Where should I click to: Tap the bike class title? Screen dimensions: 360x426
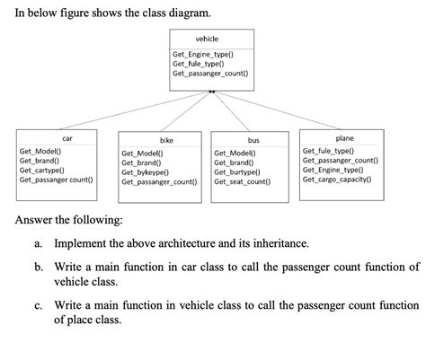(x=166, y=141)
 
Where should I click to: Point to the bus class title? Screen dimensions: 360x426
(x=253, y=141)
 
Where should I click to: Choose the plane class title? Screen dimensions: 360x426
(x=344, y=138)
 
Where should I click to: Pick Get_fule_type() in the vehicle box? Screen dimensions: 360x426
(x=199, y=64)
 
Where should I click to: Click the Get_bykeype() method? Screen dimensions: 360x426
(x=148, y=172)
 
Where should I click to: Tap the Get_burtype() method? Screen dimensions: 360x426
(x=237, y=172)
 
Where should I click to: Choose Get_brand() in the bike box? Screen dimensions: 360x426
(x=141, y=162)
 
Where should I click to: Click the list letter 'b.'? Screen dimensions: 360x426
(x=40, y=268)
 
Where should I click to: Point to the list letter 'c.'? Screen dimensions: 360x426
(x=40, y=305)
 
